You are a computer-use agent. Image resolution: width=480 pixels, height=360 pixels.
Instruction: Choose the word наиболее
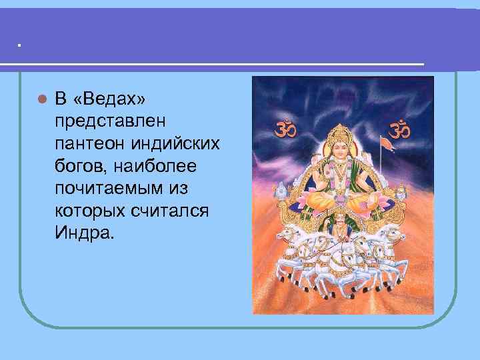(x=147, y=166)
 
